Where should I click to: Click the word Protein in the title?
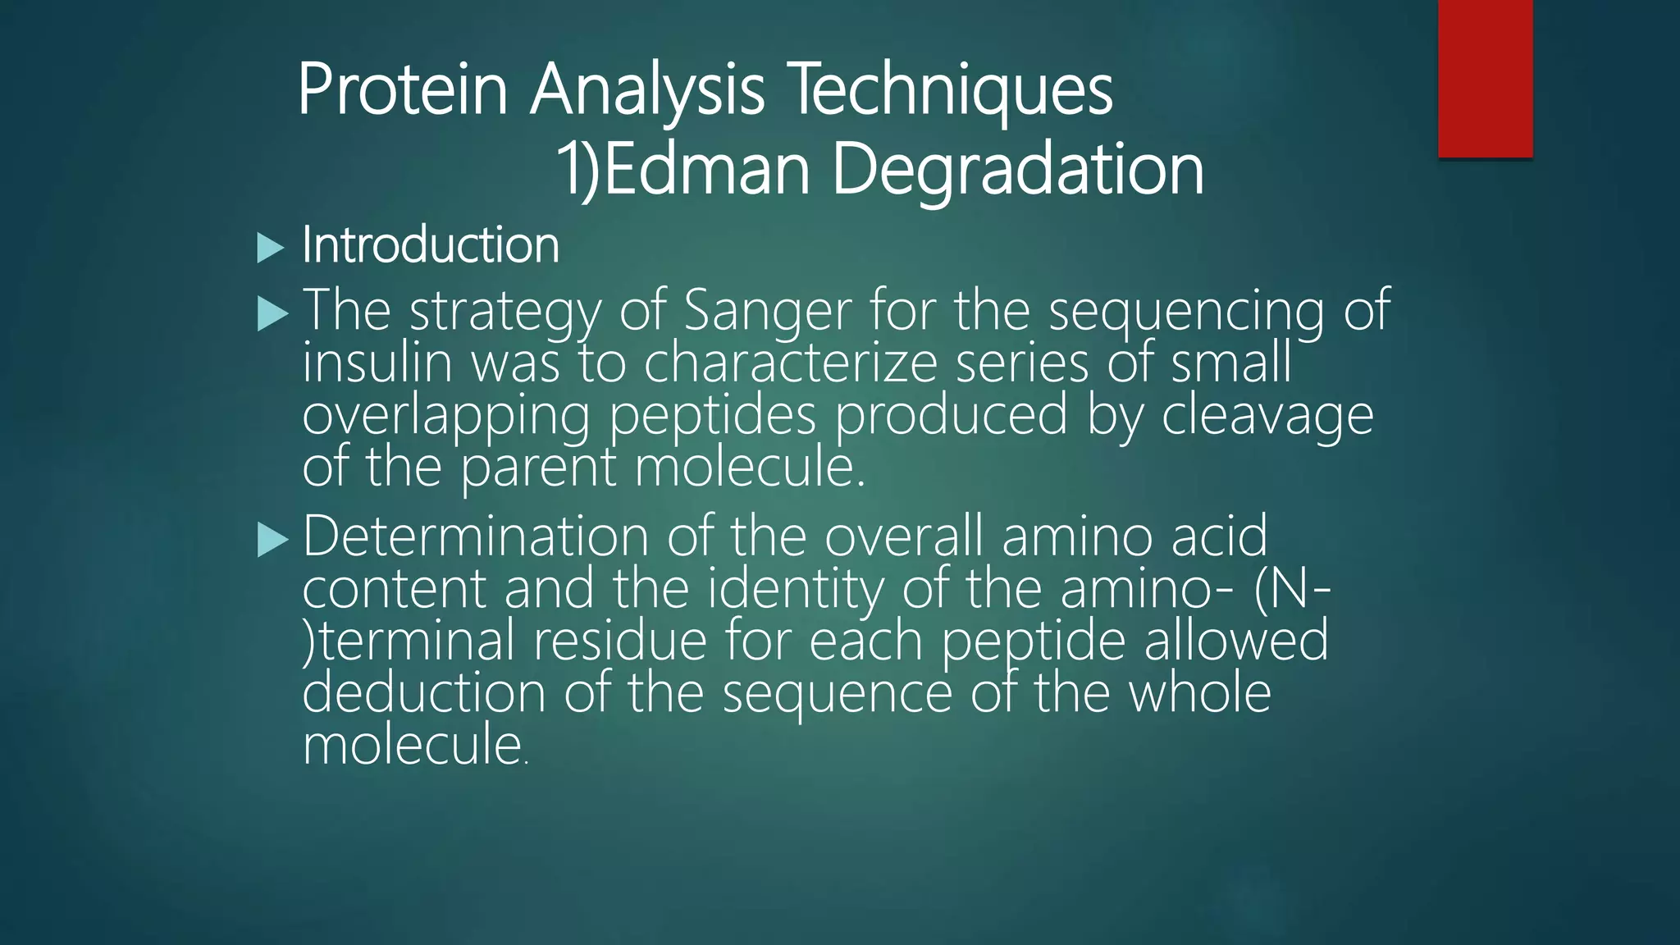pyautogui.click(x=402, y=90)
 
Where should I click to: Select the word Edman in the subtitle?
pyautogui.click(x=706, y=170)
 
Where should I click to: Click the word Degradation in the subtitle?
pyautogui.click(x=1017, y=170)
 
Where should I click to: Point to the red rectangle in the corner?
pyautogui.click(x=1485, y=78)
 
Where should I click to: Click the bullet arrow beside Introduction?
pyautogui.click(x=270, y=248)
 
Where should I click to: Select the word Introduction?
pyautogui.click(x=431, y=245)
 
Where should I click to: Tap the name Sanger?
pyautogui.click(x=768, y=312)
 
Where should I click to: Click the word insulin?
pyautogui.click(x=377, y=363)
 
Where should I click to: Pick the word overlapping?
pyautogui.click(x=445, y=416)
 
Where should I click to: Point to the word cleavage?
pyautogui.click(x=1267, y=416)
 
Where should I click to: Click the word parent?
pyautogui.click(x=537, y=468)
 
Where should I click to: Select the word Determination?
pyautogui.click(x=476, y=537)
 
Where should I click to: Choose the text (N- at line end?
pyautogui.click(x=1291, y=590)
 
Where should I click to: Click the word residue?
pyautogui.click(x=619, y=641)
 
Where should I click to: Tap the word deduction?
pyautogui.click(x=423, y=693)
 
